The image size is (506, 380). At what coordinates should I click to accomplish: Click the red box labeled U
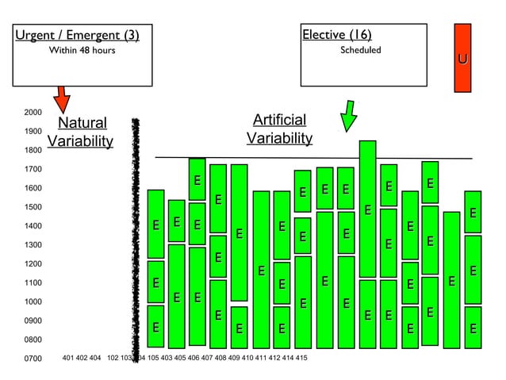click(462, 58)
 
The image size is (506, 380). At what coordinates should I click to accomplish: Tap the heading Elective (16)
click(337, 34)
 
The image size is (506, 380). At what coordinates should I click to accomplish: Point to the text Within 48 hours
click(82, 51)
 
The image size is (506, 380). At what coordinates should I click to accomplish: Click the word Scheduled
click(361, 50)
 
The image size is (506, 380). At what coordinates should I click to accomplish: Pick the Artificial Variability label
click(279, 129)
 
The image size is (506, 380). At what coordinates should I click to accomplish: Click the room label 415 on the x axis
click(301, 358)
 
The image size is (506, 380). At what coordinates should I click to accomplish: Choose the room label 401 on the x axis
click(68, 358)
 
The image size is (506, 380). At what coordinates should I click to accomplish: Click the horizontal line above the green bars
click(317, 158)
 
